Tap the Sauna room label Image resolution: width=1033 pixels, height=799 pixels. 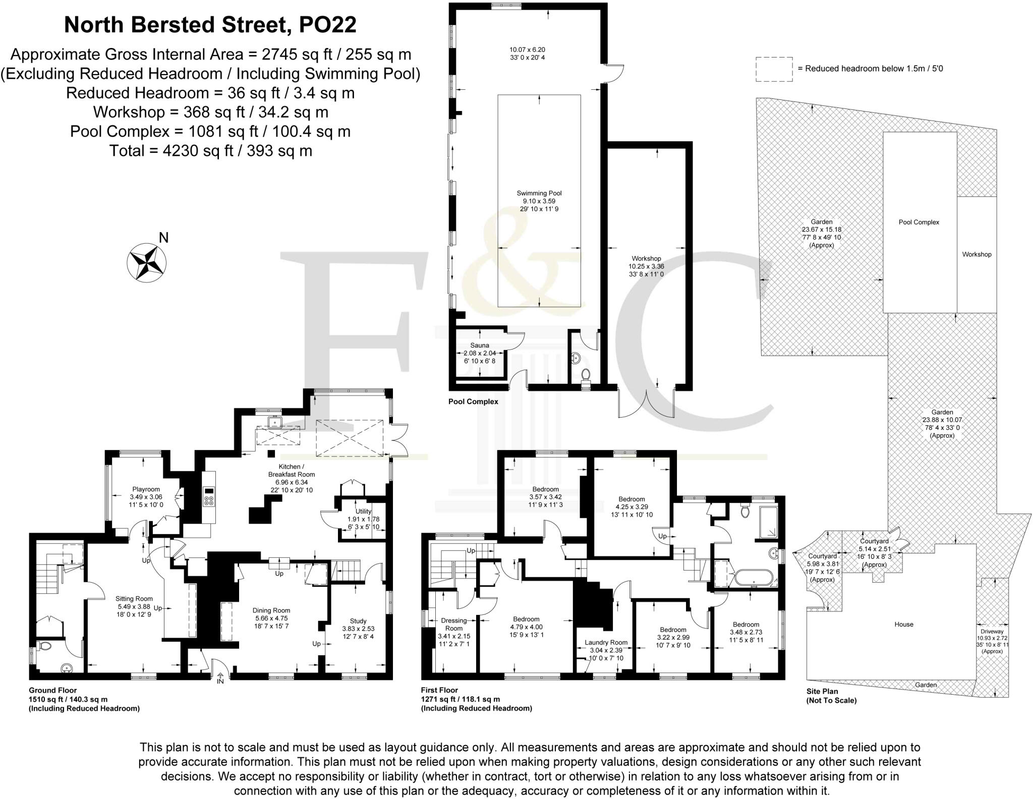tap(480, 346)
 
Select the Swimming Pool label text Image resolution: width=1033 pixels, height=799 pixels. tap(539, 193)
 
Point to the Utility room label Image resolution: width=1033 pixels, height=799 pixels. tap(363, 511)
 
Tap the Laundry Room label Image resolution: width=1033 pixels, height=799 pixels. tap(606, 643)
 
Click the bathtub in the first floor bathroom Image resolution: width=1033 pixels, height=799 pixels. tap(754, 578)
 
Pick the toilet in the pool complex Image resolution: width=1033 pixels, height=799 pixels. tap(586, 376)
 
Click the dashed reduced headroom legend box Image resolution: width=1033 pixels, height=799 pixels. tap(774, 69)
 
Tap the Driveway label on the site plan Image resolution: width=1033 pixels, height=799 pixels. tap(992, 632)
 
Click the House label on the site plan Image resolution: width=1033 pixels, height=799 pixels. tap(903, 624)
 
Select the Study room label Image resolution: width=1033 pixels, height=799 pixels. tap(358, 621)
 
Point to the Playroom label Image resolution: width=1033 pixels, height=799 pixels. tap(146, 489)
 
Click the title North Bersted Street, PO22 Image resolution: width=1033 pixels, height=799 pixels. tap(210, 25)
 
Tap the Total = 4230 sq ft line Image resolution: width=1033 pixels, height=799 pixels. tap(210, 151)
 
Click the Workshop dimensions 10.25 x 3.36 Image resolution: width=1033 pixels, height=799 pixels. tap(646, 266)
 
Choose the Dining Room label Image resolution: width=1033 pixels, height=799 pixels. tap(271, 610)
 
